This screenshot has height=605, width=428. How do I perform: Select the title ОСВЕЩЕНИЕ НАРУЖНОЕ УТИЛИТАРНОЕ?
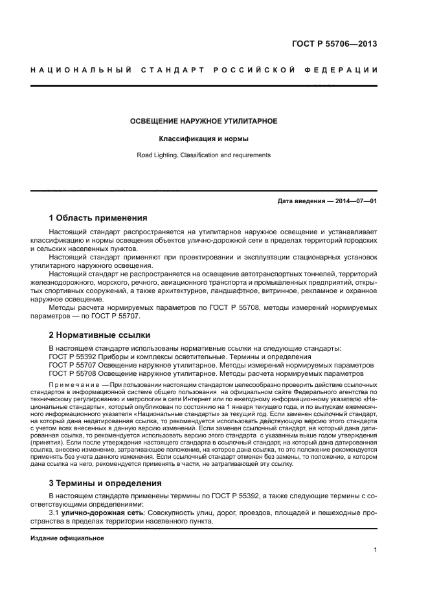(204, 121)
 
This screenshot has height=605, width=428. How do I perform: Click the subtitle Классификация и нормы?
(204, 138)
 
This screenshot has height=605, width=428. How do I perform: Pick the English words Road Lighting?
(157, 155)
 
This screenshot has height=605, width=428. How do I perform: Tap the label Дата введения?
(302, 201)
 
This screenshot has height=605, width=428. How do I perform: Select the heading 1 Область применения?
(98, 217)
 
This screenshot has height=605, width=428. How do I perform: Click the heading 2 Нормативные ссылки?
(100, 335)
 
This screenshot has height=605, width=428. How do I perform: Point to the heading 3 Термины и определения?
(106, 483)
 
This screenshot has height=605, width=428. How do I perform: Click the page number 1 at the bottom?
(376, 551)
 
